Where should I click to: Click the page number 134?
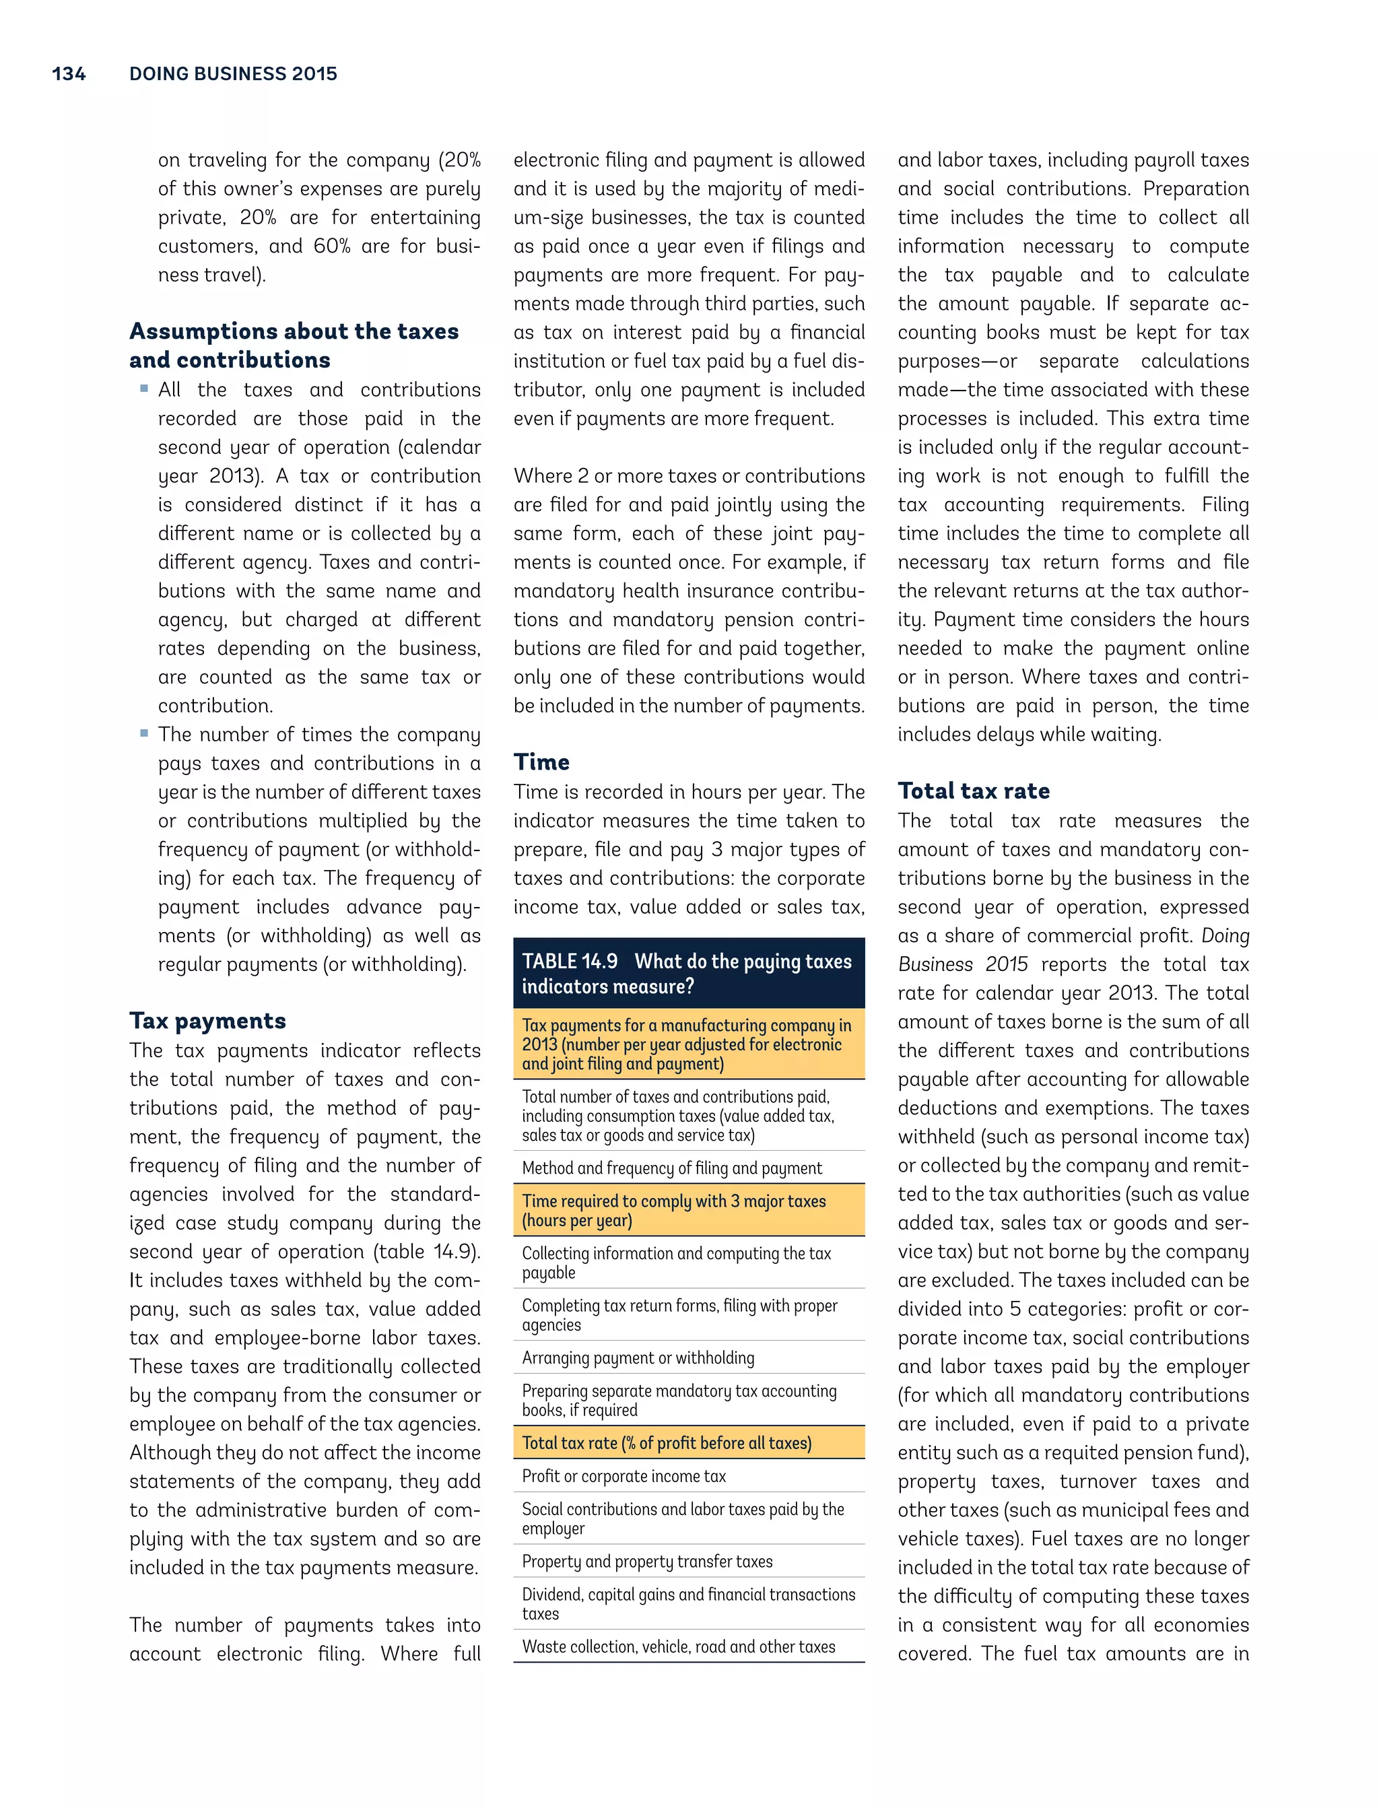pos(68,74)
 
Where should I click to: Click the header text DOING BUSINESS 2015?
pos(233,74)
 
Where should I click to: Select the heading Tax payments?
pos(207,1020)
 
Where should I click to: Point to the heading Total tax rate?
pos(974,791)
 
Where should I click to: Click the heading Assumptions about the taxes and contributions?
pos(293,345)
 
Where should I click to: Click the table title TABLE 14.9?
pos(570,962)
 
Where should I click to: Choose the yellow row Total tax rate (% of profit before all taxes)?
pos(667,1442)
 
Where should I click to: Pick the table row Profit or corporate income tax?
pos(624,1476)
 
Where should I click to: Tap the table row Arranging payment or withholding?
pos(638,1357)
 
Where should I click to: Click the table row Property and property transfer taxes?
pos(647,1562)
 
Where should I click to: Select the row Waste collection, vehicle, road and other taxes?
pos(678,1646)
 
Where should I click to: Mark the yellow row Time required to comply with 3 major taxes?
pos(673,1210)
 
